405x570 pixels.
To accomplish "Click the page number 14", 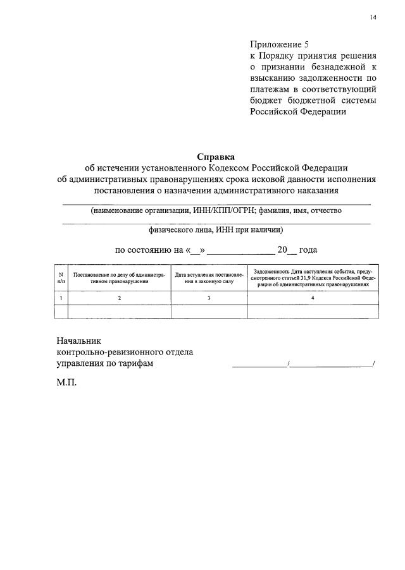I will tap(373, 17).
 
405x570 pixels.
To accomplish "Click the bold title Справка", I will tap(216, 156).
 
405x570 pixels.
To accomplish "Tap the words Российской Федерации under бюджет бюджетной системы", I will tap(297, 111).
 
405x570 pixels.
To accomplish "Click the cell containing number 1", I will tap(61, 298).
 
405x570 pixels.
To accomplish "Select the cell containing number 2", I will tap(119, 298).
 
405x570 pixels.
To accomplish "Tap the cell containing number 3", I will tap(209, 298).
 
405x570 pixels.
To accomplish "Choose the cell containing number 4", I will tap(313, 298).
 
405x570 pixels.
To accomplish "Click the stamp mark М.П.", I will tap(66, 383).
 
